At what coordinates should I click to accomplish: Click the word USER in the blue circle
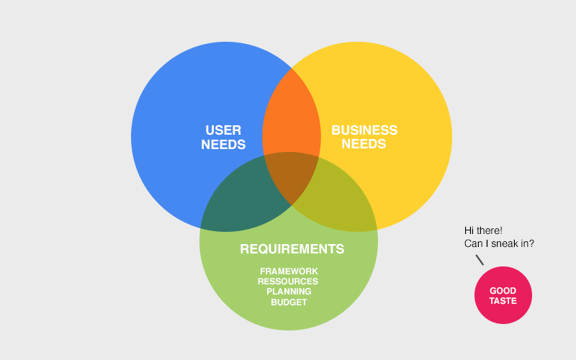223,130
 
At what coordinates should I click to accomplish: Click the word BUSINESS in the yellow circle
364,130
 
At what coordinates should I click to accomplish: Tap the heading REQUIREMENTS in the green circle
292,249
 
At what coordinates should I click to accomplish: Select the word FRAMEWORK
289,271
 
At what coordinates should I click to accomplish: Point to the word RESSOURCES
288,281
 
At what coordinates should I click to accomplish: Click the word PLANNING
289,292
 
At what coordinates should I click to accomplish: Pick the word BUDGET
289,302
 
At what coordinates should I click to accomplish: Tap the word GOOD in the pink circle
503,291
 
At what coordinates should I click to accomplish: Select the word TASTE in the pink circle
503,301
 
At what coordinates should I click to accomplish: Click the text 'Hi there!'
483,230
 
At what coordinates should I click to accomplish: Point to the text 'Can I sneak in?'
499,244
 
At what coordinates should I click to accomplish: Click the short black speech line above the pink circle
480,259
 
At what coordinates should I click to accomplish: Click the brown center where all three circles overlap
292,176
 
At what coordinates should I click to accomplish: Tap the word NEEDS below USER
223,145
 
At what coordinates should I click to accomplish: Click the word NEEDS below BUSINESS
364,144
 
